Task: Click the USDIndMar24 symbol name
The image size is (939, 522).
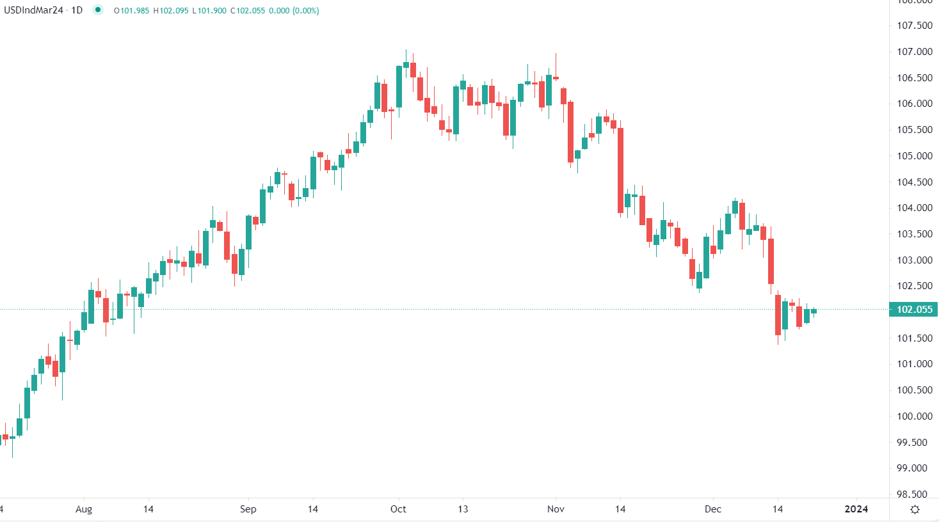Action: point(33,10)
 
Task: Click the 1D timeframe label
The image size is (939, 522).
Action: point(77,10)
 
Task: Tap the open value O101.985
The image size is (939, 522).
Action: point(131,11)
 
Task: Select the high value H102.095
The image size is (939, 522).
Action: point(171,11)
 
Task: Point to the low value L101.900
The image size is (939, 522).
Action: point(209,11)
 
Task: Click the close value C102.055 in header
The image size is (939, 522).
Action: point(248,11)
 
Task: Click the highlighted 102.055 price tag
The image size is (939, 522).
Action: point(915,310)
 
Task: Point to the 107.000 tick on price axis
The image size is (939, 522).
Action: point(915,52)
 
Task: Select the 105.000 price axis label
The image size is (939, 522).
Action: point(915,156)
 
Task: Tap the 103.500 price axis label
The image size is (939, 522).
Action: point(915,234)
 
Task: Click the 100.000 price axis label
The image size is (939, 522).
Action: point(915,416)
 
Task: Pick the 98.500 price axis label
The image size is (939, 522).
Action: point(915,494)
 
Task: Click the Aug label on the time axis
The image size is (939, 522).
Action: point(84,509)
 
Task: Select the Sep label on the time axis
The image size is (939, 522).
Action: point(248,509)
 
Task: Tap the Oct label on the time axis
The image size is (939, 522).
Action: point(398,509)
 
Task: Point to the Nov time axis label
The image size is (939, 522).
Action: point(556,509)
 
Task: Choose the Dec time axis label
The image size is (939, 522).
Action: point(712,509)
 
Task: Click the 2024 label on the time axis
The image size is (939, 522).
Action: point(856,509)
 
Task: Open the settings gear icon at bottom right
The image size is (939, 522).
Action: point(915,509)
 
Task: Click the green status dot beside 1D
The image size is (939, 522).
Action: point(97,10)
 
